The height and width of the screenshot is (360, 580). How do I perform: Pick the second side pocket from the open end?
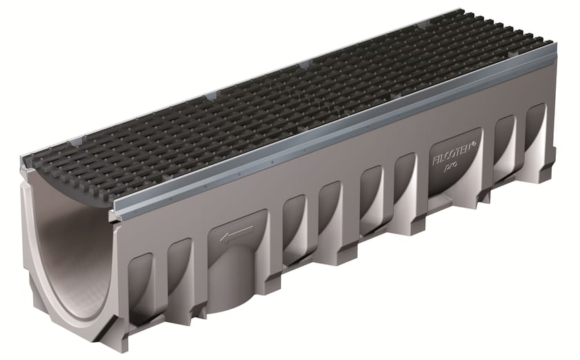pyautogui.click(x=180, y=266)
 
